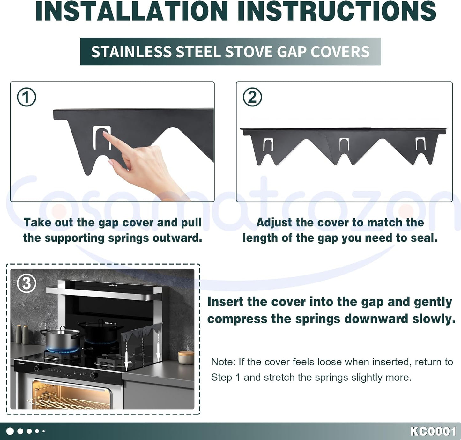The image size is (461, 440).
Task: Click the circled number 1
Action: [26, 97]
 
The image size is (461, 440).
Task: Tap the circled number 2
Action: [252, 97]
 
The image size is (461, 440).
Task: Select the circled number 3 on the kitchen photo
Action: [26, 283]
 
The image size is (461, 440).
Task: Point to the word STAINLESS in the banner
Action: [131, 52]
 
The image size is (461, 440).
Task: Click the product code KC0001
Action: [433, 431]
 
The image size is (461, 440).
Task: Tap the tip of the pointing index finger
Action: [104, 133]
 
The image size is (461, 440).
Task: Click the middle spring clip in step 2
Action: [344, 144]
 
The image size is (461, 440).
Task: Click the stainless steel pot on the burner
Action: [62, 340]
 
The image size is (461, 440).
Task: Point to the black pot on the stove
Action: [101, 330]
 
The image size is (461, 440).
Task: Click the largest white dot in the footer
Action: [10, 431]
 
